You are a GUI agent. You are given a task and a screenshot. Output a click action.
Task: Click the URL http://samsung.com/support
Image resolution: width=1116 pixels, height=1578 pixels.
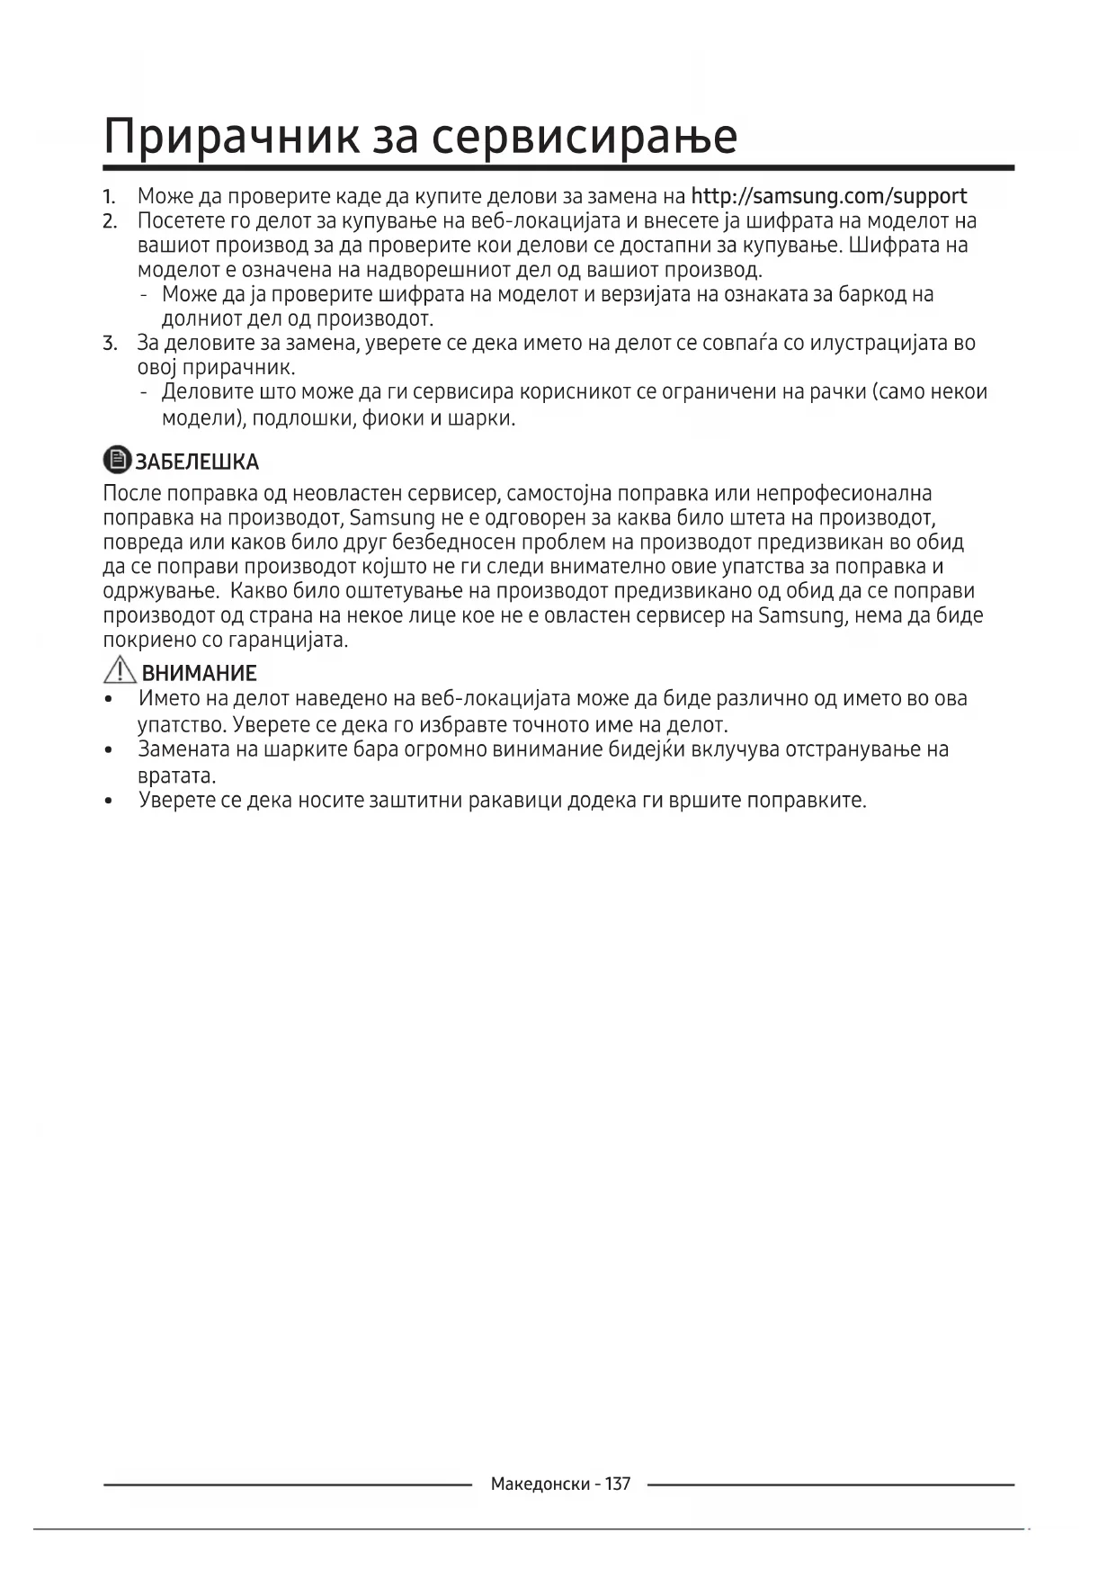tap(828, 196)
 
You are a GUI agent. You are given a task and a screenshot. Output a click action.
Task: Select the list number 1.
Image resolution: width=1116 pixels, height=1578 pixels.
tap(109, 196)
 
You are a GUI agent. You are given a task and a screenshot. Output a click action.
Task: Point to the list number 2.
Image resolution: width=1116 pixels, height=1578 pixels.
tap(110, 221)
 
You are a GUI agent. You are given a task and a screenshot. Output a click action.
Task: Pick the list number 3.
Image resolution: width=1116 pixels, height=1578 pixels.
tap(110, 343)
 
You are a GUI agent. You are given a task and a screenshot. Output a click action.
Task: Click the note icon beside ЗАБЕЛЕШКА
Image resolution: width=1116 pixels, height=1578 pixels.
tap(117, 461)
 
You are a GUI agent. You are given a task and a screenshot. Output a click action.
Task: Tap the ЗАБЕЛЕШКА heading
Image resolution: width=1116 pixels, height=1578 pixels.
tap(197, 462)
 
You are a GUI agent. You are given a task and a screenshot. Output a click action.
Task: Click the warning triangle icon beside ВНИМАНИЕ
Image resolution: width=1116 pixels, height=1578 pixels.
tap(120, 671)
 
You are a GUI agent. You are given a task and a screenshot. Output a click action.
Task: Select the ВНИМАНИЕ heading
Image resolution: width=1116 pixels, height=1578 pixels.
tap(199, 673)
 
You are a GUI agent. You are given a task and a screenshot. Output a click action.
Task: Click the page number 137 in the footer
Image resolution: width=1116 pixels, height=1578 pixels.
tap(618, 1484)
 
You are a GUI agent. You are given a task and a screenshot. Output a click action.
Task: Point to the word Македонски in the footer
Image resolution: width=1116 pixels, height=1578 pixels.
tap(540, 1484)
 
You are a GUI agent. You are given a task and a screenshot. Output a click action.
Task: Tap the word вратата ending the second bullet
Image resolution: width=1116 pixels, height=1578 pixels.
tap(176, 776)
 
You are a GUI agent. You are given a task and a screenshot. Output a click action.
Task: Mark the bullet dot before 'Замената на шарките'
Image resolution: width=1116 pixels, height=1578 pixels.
tap(109, 750)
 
